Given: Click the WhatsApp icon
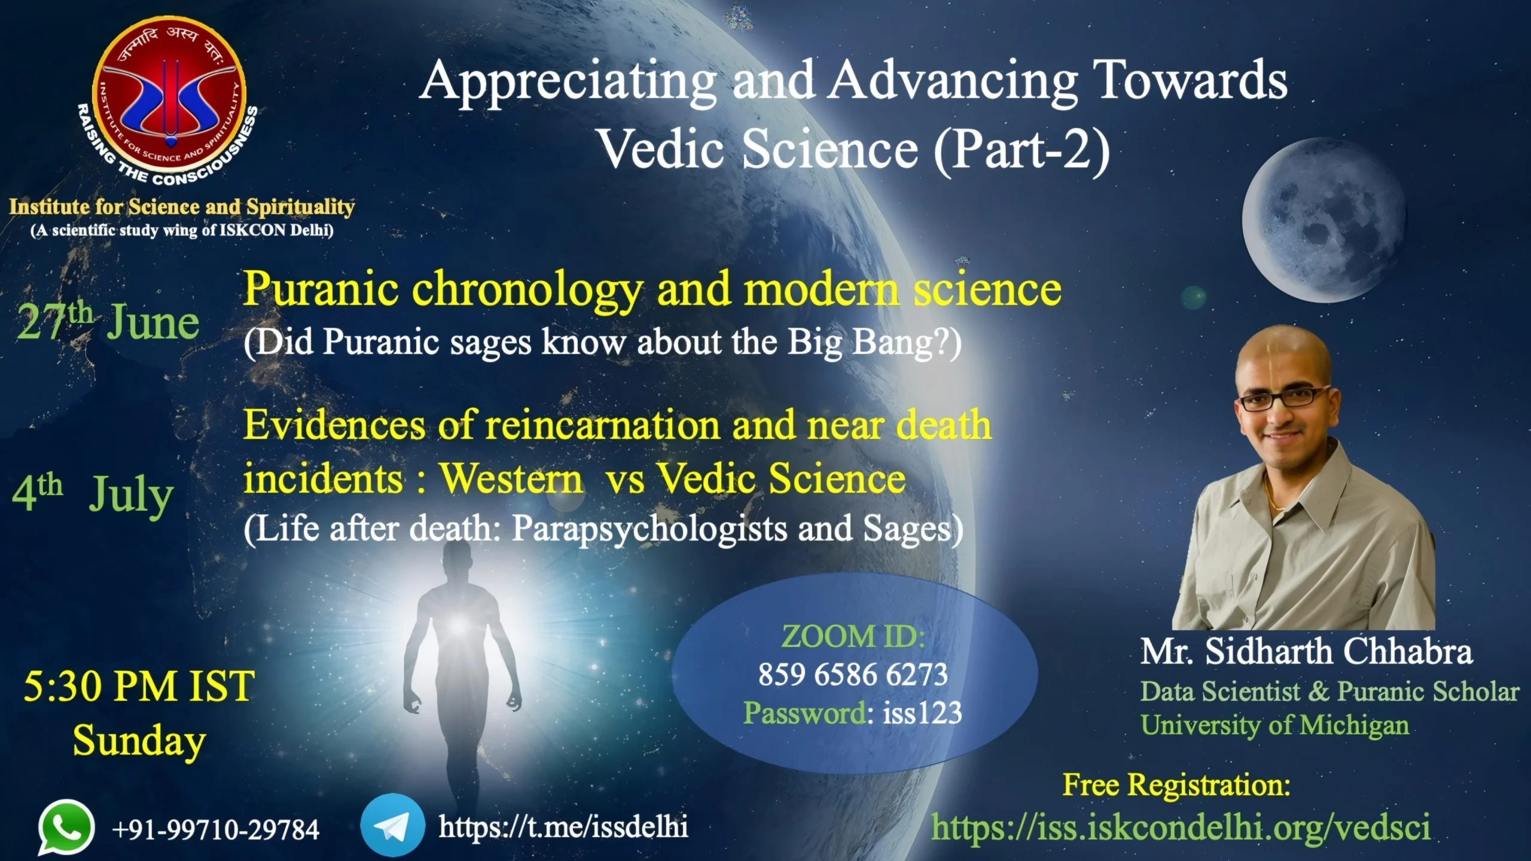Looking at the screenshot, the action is [x=66, y=828].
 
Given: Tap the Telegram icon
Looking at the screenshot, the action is [x=393, y=825].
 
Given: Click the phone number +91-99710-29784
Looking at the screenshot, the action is [x=215, y=829].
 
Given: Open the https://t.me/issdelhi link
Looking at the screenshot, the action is [x=563, y=827].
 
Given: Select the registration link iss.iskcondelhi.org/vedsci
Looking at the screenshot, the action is [x=1181, y=828].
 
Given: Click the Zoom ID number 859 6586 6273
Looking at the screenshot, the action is [x=853, y=674].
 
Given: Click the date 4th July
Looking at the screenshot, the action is [x=93, y=495].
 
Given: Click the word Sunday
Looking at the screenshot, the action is [x=139, y=741].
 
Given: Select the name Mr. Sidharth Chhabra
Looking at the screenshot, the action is [x=1306, y=652].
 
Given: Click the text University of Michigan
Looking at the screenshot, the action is [x=1274, y=725].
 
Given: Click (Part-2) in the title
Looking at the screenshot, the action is [x=1021, y=150].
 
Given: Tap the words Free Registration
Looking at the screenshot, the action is [x=1176, y=784].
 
